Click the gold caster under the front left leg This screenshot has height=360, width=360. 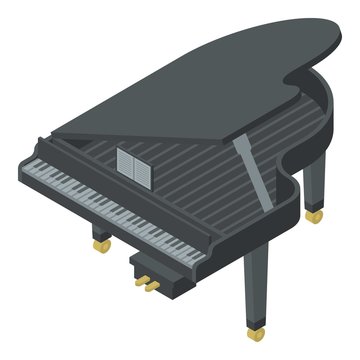100,243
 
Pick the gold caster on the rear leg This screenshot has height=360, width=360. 316,214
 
